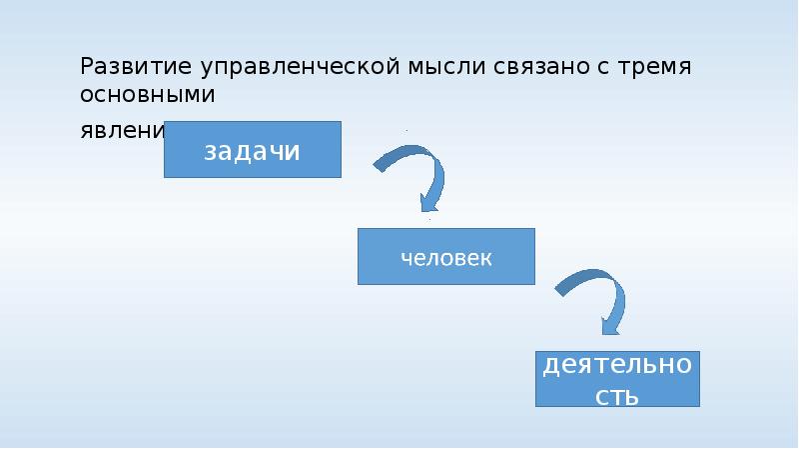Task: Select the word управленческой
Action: [x=299, y=68]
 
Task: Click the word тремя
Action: [x=656, y=68]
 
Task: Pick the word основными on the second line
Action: [x=149, y=96]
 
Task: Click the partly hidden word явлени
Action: [x=122, y=132]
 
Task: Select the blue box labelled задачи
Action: [x=253, y=149]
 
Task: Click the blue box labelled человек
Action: [x=446, y=256]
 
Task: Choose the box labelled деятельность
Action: [x=617, y=378]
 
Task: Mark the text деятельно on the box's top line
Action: [x=617, y=364]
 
